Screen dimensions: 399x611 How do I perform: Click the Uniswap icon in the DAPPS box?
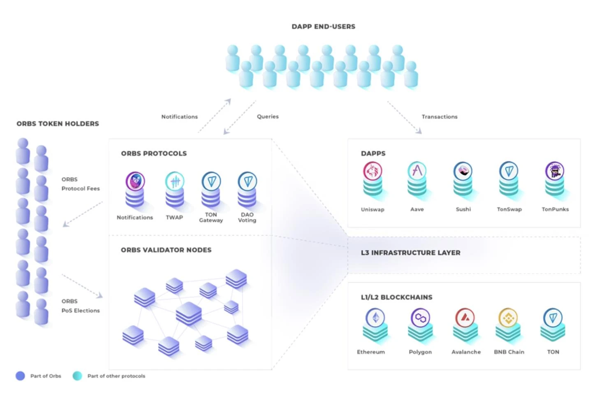coord(373,171)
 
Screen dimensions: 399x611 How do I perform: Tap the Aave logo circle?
coord(417,170)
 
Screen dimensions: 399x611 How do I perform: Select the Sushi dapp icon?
coord(463,171)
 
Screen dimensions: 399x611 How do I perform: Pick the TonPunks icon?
coord(555,171)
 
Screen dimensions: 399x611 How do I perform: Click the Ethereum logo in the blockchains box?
coord(375,318)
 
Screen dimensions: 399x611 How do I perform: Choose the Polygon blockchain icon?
coord(420,318)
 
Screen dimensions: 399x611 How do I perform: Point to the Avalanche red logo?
coord(465,318)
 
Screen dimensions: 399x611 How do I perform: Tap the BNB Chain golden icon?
coord(509,318)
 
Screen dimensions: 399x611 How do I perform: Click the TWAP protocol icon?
coord(175,181)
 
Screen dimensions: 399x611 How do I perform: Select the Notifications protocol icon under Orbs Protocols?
coord(135,181)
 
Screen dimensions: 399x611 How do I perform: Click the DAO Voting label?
coord(247,218)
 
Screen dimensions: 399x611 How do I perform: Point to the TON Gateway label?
coord(211,218)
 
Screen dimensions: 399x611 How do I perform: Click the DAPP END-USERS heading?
coord(324,27)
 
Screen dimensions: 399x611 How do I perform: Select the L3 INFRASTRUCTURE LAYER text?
coord(410,253)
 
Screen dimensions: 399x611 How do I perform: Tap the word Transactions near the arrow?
coord(440,117)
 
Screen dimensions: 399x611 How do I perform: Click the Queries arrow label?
coord(268,116)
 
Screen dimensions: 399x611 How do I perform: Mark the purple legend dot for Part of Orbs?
coord(20,376)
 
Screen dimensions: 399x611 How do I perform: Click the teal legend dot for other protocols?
coord(77,376)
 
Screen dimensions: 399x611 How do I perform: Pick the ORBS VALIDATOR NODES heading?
coord(166,250)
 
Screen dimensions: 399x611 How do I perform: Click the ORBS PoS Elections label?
coord(81,306)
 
